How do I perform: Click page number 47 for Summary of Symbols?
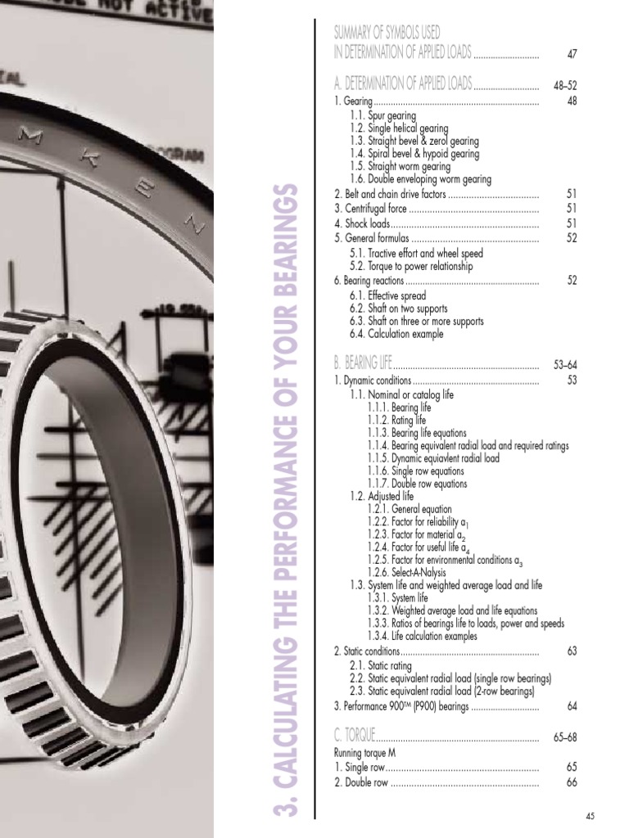click(572, 54)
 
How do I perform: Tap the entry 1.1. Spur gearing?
click(382, 116)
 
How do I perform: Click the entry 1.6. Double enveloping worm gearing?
click(419, 179)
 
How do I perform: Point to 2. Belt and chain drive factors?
click(390, 194)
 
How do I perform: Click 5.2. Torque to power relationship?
click(411, 266)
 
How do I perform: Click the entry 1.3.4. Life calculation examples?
click(422, 636)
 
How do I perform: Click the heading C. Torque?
click(354, 737)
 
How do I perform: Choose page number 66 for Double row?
click(572, 782)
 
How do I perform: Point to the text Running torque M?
click(365, 752)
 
